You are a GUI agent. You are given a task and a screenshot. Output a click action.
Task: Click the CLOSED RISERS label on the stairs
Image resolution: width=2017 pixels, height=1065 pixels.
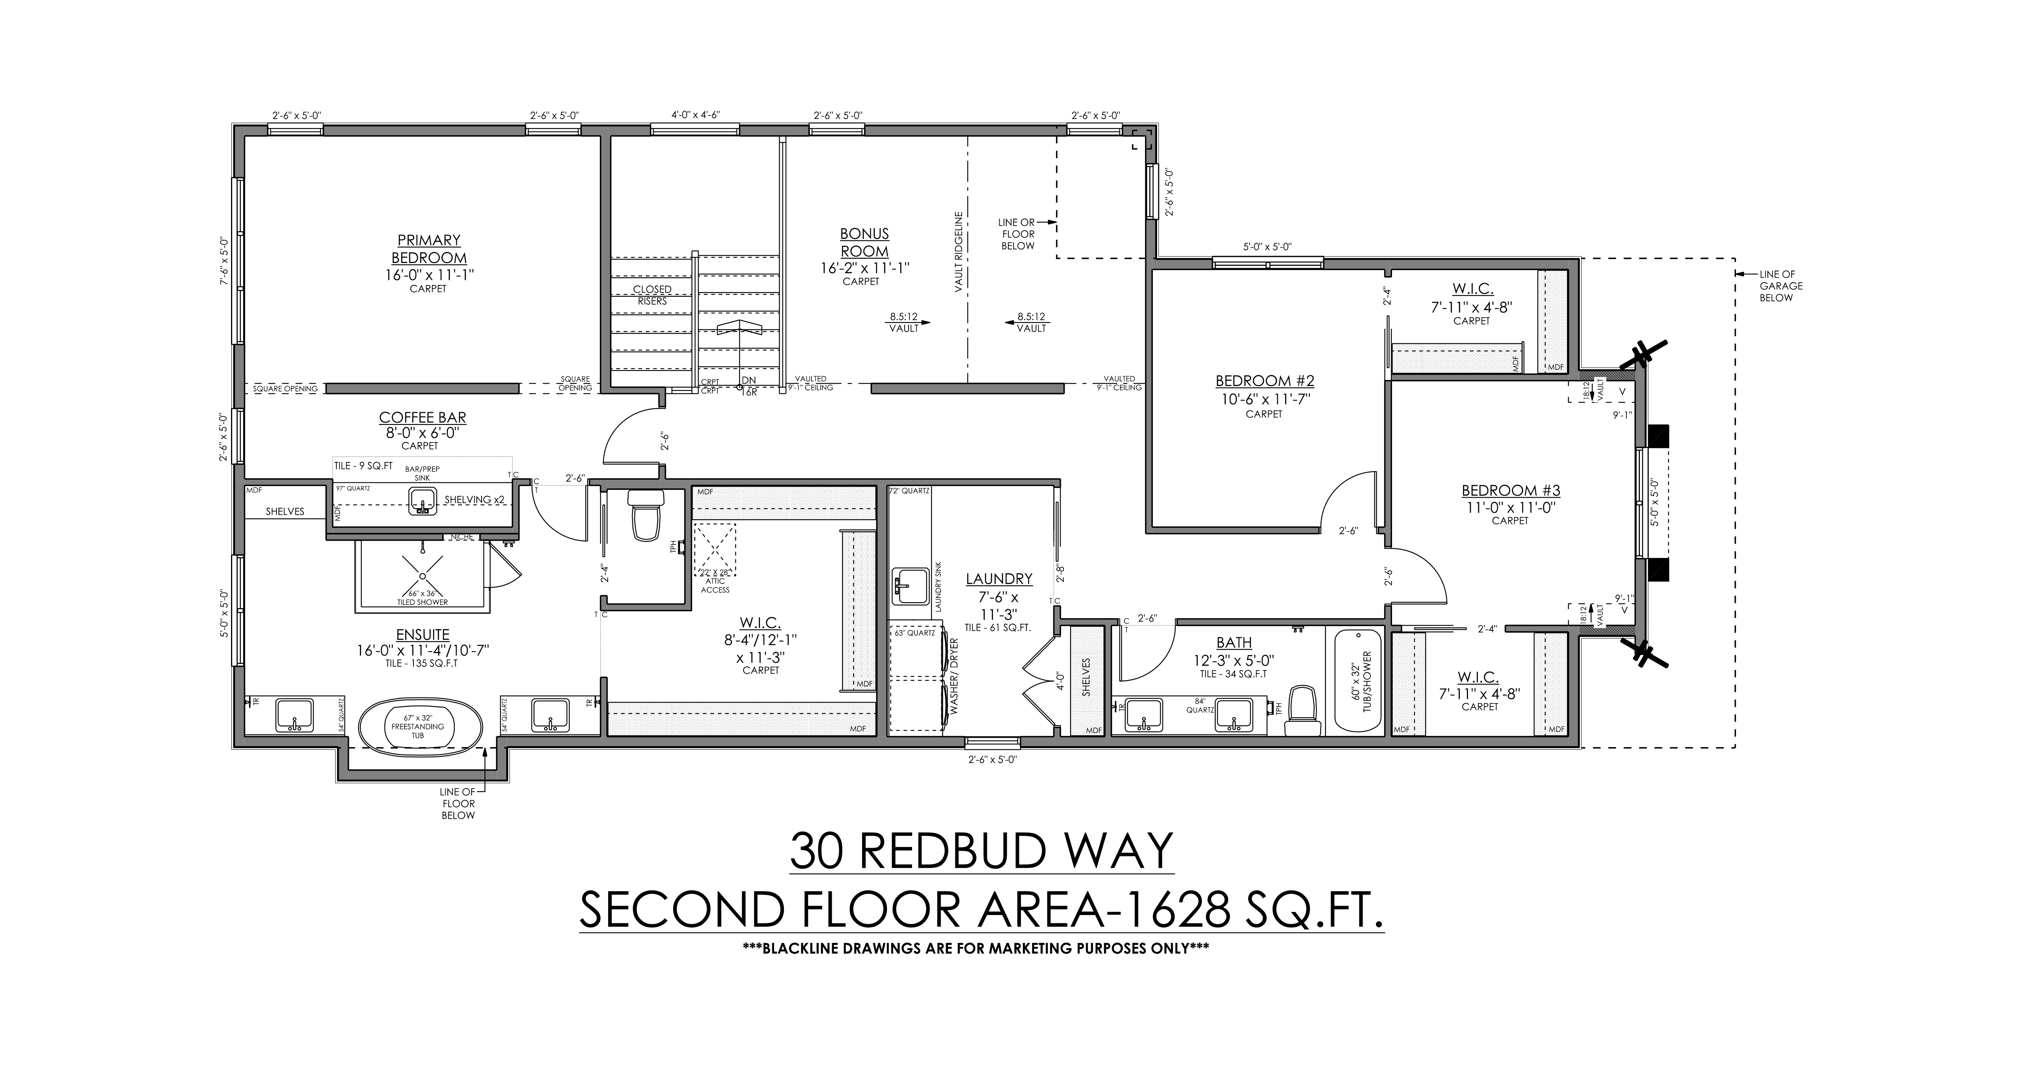click(652, 295)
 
